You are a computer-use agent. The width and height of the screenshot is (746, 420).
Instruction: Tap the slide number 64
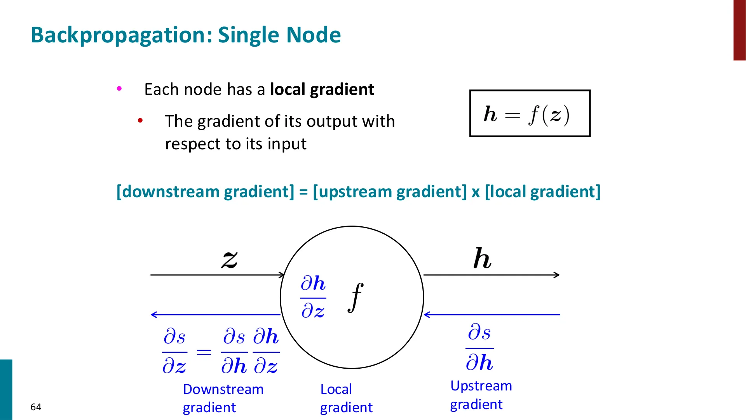pyautogui.click(x=36, y=407)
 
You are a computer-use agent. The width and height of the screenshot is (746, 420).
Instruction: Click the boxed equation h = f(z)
pyautogui.click(x=530, y=114)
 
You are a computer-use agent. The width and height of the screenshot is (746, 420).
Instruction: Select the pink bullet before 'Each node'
pyautogui.click(x=119, y=89)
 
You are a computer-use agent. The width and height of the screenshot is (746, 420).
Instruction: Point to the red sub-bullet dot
pyautogui.click(x=140, y=121)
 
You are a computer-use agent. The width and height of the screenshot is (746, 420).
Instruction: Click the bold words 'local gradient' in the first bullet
pyautogui.click(x=322, y=89)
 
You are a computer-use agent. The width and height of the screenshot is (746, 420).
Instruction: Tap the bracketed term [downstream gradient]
pyautogui.click(x=206, y=192)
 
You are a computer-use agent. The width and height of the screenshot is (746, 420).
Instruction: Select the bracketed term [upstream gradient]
pyautogui.click(x=390, y=192)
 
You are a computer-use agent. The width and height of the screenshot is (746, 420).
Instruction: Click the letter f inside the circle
pyautogui.click(x=356, y=297)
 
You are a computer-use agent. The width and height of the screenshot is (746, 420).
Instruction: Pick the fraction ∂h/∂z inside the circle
pyautogui.click(x=313, y=297)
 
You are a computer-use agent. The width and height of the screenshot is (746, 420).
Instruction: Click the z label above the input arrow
pyautogui.click(x=230, y=260)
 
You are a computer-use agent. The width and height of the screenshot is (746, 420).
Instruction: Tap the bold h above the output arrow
pyautogui.click(x=482, y=258)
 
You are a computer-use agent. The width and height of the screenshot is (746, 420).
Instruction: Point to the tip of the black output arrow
pyautogui.click(x=559, y=275)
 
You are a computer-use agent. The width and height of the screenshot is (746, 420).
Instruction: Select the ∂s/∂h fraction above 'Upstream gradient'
pyautogui.click(x=479, y=347)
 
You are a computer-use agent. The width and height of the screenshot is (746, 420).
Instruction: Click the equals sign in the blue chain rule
pyautogui.click(x=204, y=352)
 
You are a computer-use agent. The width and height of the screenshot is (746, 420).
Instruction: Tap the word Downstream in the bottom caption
pyautogui.click(x=223, y=389)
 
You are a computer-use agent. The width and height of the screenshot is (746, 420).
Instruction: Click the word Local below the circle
pyautogui.click(x=336, y=389)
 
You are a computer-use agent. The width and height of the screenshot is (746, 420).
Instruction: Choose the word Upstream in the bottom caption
pyautogui.click(x=481, y=386)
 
